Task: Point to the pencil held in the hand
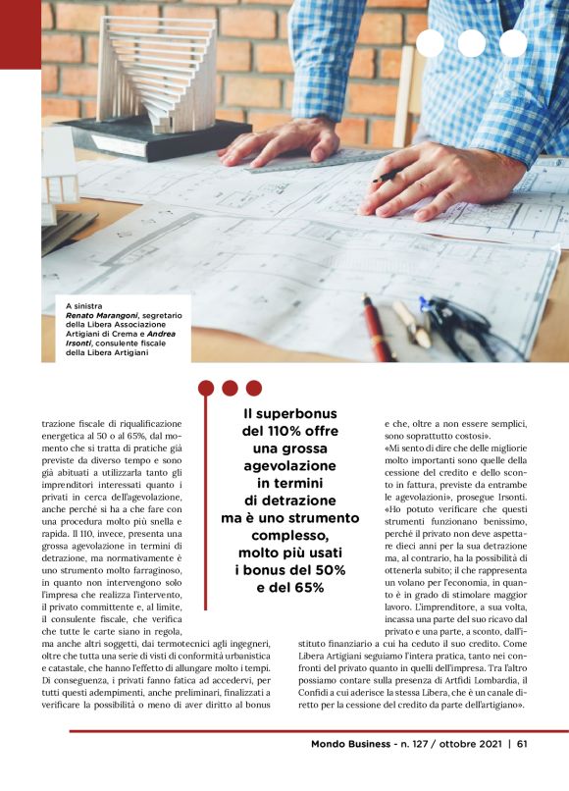384,178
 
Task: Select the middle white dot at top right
471,43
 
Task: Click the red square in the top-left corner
20,34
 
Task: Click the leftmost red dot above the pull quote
206,388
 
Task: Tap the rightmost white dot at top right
513,43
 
